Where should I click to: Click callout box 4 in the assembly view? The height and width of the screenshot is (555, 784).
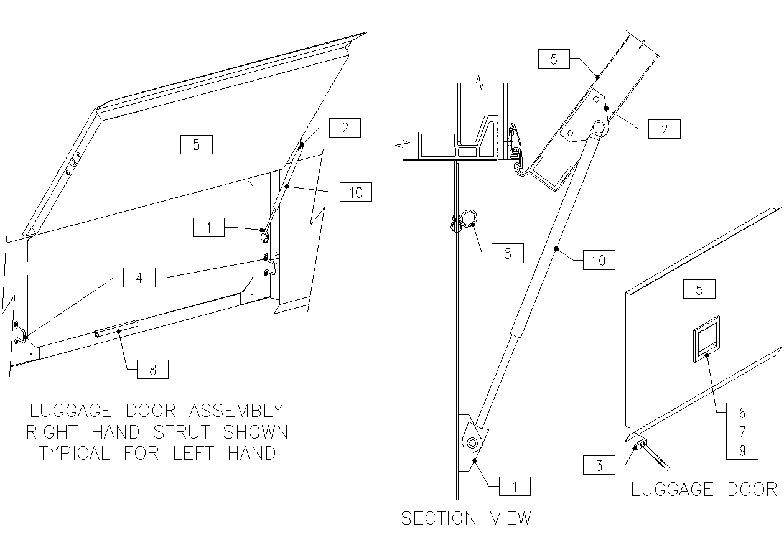pos(139,277)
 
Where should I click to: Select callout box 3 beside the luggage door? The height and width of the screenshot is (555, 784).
pos(599,465)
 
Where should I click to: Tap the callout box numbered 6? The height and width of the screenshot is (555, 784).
pos(742,413)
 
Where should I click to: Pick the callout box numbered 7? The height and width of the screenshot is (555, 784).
pos(742,431)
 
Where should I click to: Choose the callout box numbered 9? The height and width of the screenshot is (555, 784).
pos(742,450)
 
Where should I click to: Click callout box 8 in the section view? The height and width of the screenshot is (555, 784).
pos(507,253)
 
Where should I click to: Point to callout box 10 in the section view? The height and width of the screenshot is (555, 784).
pos(599,259)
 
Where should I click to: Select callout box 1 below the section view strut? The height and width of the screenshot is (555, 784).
pos(515,486)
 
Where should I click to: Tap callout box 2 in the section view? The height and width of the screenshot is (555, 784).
pos(664,129)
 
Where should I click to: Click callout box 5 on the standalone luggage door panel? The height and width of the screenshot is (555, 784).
pos(699,289)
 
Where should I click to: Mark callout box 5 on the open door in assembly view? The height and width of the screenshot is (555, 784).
pos(196,144)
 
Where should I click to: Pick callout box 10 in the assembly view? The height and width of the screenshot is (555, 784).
pos(356,192)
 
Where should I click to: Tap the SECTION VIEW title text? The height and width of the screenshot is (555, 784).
pos(466,518)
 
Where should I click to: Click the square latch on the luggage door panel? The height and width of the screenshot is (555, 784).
pos(706,338)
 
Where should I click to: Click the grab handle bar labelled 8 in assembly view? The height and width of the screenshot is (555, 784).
pos(116,329)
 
